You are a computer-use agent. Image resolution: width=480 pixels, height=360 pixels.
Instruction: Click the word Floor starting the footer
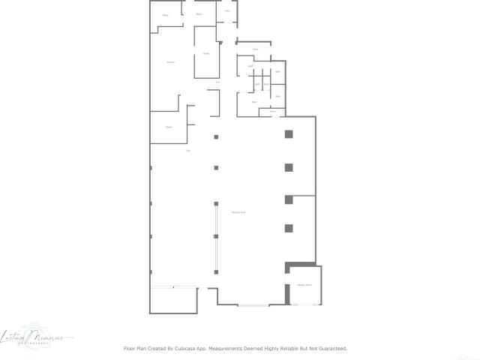(129, 349)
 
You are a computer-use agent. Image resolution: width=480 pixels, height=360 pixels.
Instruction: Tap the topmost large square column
(288, 134)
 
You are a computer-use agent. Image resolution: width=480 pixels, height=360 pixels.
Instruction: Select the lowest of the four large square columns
(288, 228)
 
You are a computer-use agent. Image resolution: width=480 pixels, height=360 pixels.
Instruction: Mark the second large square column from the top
(288, 166)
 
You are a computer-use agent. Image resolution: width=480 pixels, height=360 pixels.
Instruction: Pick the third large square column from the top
(288, 199)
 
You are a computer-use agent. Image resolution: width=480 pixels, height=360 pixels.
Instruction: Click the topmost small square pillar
(216, 136)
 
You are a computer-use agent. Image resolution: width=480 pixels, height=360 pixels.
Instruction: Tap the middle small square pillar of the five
(216, 202)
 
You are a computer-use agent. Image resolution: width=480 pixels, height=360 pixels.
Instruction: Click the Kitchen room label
(171, 61)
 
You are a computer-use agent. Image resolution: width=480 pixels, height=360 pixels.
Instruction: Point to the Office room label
(165, 15)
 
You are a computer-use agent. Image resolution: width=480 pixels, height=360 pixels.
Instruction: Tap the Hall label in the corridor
(217, 82)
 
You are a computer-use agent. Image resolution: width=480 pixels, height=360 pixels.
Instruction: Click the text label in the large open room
(238, 213)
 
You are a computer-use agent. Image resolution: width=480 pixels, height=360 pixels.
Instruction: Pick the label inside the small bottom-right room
(304, 286)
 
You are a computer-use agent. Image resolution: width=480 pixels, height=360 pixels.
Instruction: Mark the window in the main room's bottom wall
(253, 305)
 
